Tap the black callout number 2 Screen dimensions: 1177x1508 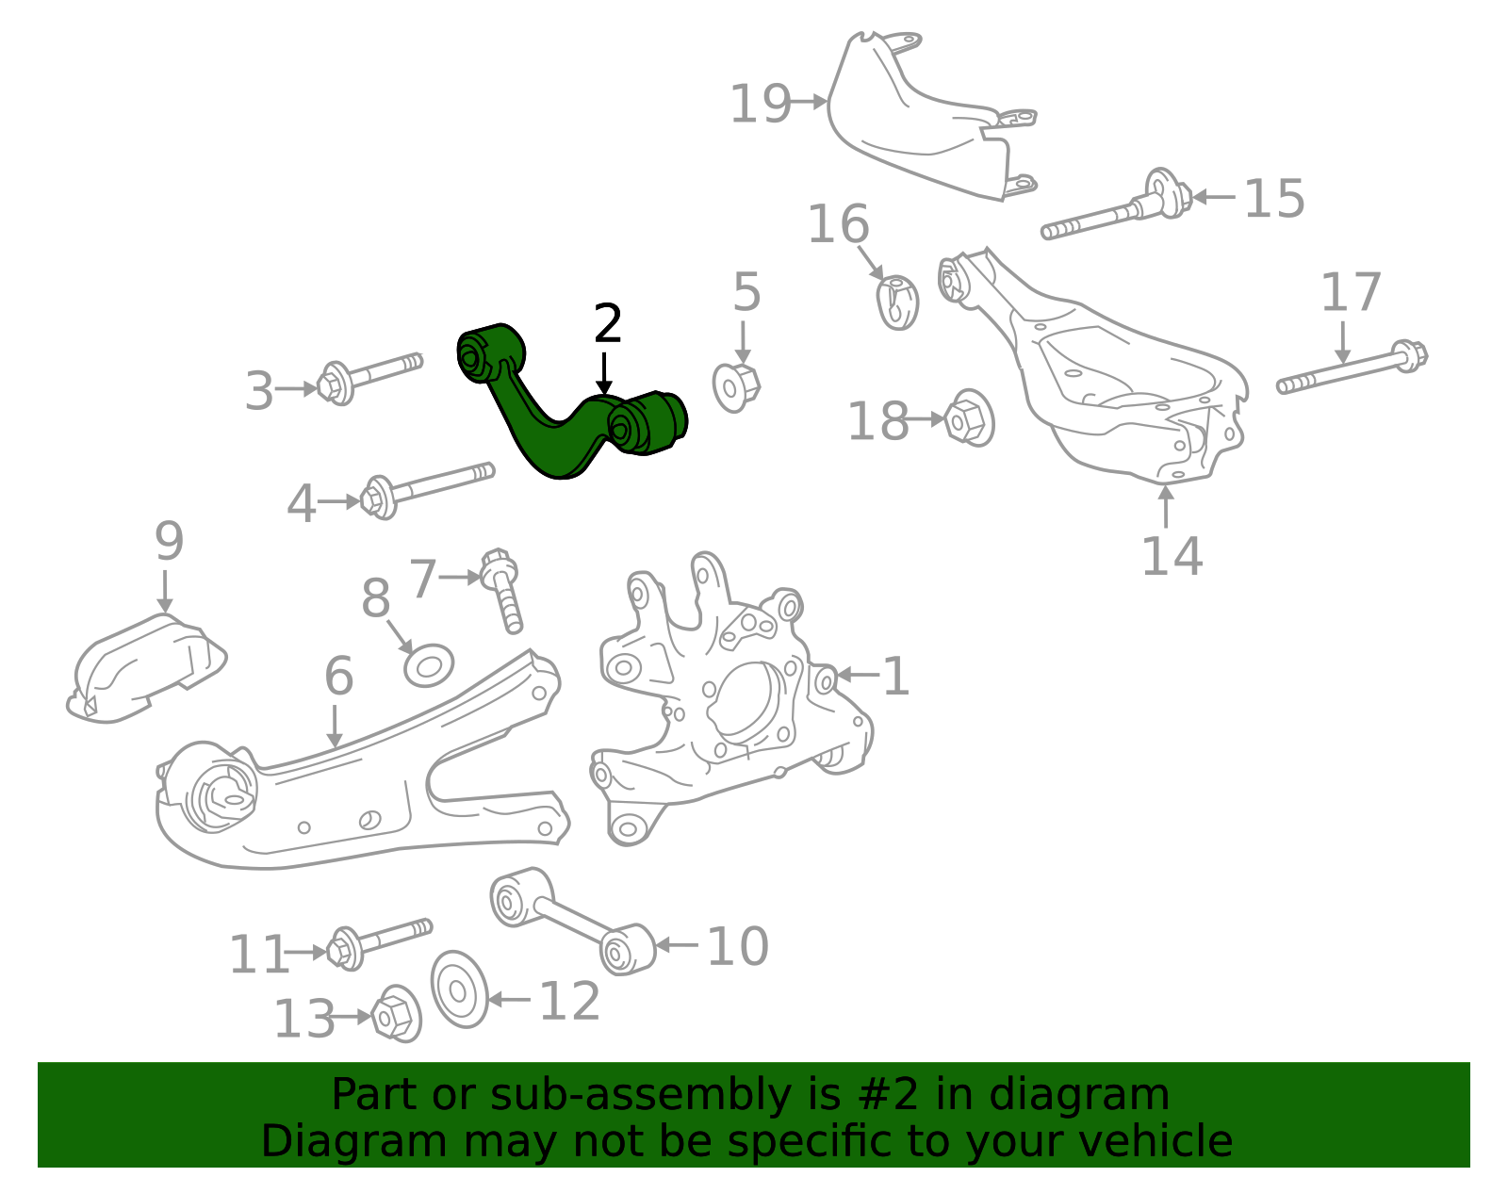(608, 325)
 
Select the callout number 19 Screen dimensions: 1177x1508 (760, 104)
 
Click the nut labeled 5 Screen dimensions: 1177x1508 (735, 385)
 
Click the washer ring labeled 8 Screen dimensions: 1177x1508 (429, 665)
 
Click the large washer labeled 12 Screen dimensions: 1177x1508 (460, 989)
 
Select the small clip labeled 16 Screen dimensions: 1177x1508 (898, 302)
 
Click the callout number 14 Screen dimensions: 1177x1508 (1172, 556)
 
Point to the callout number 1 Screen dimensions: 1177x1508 (895, 677)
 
